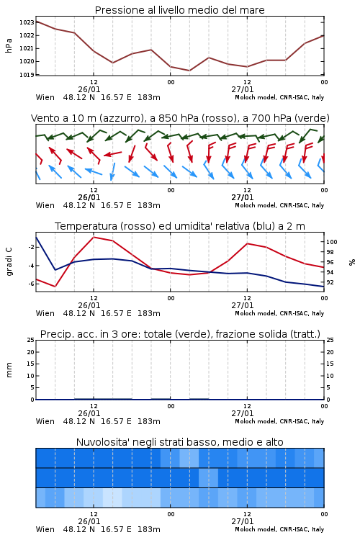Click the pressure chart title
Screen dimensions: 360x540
point(179,10)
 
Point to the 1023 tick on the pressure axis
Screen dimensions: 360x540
point(27,22)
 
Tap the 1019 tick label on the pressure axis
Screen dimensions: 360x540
point(27,75)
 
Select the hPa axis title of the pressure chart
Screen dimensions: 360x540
point(9,45)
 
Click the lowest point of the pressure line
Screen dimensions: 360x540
point(189,71)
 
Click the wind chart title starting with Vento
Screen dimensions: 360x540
point(180,118)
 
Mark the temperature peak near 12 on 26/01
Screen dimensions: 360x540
point(94,237)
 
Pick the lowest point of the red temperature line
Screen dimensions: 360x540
point(55,286)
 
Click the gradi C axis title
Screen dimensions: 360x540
point(9,261)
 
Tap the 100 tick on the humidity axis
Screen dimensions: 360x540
point(331,242)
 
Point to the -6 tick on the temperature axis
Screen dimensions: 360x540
point(31,284)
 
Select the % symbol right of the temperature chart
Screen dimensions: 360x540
point(352,262)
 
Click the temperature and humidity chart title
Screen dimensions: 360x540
point(180,226)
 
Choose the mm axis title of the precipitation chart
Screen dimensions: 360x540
point(9,369)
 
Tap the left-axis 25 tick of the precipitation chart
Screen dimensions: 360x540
point(31,340)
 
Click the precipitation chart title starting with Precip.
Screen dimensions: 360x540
point(180,334)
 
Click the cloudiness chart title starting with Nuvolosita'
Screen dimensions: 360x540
point(179,442)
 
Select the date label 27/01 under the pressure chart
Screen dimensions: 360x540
point(242,89)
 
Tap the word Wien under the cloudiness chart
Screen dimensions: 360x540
point(45,529)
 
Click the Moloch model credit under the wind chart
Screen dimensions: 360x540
point(279,205)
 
